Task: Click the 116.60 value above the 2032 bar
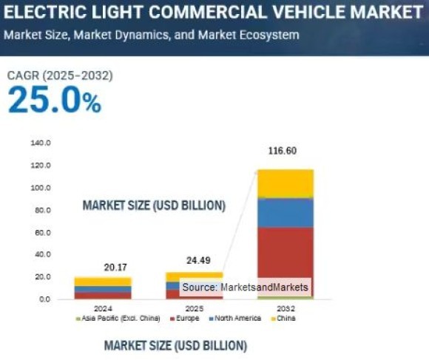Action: click(x=282, y=151)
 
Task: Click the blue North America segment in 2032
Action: click(x=285, y=213)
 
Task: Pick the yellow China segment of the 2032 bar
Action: click(x=285, y=183)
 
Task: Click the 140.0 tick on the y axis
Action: click(x=40, y=143)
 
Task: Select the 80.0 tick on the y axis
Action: click(x=41, y=211)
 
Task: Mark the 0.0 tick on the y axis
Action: click(x=44, y=299)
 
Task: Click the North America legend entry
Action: click(x=237, y=319)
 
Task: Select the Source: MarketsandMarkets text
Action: click(x=245, y=287)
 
